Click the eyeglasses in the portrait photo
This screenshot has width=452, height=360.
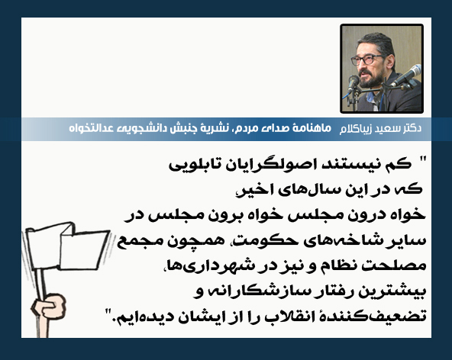click(366, 59)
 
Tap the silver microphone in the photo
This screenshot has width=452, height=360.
click(406, 76)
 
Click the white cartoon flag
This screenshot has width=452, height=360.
click(66, 246)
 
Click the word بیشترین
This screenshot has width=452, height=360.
click(392, 291)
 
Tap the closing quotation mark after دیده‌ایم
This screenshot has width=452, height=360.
click(108, 312)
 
